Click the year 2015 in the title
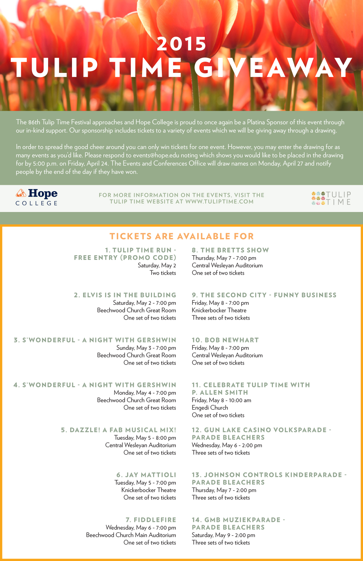(181, 44)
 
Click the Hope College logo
(37, 197)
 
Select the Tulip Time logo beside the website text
(331, 198)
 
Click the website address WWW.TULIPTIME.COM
(219, 202)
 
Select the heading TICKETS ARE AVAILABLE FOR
(181, 236)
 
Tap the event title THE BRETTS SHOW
(230, 250)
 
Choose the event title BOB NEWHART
(225, 340)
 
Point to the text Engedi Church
(210, 408)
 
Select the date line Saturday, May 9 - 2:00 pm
(223, 535)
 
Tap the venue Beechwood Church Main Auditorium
(131, 535)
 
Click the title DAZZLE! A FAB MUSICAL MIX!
(119, 430)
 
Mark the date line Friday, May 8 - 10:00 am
(221, 400)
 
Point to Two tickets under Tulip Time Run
(163, 273)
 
